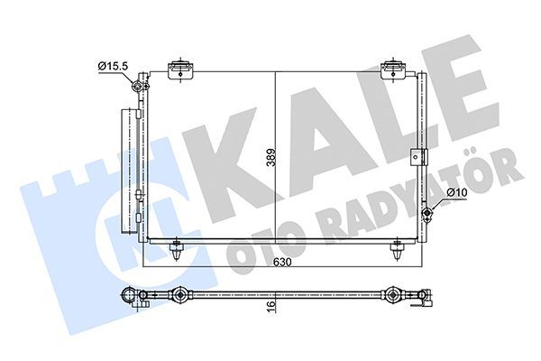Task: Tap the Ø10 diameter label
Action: click(x=456, y=191)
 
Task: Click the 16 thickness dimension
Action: click(x=271, y=307)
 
